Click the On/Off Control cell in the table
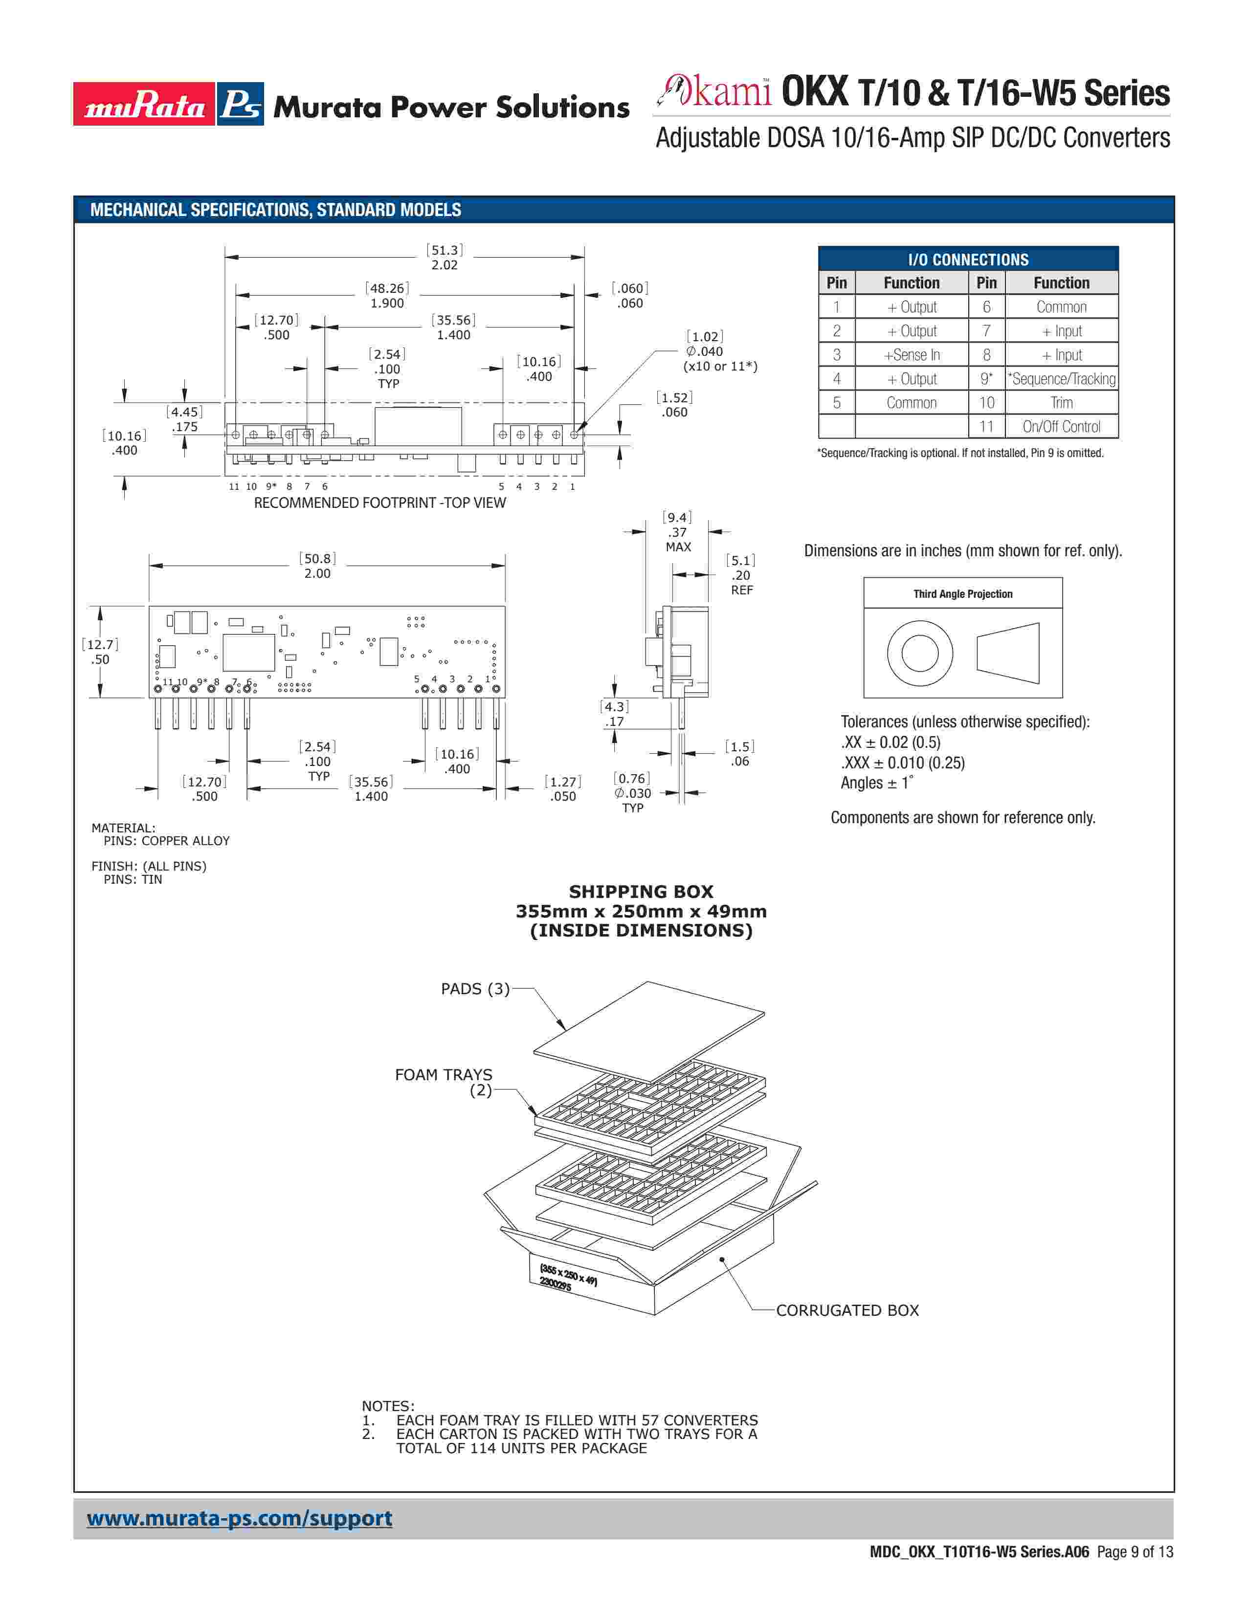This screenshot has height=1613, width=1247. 1061,426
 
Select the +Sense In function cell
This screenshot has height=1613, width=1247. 912,354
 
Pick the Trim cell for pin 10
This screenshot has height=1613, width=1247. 1061,402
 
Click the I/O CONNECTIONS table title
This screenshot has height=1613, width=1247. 968,259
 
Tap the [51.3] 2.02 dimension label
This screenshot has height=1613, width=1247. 445,257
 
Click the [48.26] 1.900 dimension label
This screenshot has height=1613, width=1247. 387,295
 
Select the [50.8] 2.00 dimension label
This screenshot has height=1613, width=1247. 318,566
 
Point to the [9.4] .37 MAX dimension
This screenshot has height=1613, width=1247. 677,532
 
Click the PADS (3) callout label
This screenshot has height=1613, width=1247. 475,989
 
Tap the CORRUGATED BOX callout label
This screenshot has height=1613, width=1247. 847,1310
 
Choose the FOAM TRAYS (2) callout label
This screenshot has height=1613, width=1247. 444,1082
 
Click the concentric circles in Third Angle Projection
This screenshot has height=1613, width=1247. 920,654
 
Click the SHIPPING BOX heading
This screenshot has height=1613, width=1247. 641,892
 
